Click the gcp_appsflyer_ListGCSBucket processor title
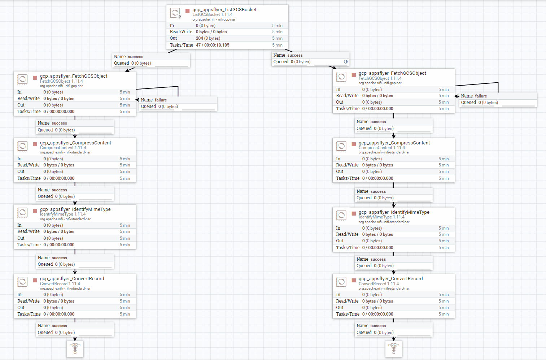tap(224, 9)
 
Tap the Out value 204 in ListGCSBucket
tap(200, 38)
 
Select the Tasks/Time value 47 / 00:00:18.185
tap(213, 45)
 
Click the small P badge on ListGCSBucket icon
tap(180, 17)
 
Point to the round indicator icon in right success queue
tap(346, 62)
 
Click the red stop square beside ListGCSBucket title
tap(187, 11)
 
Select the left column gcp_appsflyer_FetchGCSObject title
tap(74, 76)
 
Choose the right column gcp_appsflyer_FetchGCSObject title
tap(392, 73)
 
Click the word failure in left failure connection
tap(161, 100)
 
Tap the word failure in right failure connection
tap(481, 96)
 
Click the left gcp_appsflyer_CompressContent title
tap(75, 143)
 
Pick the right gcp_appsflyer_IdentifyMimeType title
tap(394, 212)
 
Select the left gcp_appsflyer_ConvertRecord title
tap(72, 278)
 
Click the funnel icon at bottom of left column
tap(75, 348)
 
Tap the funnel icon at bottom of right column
tap(394, 348)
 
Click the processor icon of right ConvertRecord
tap(341, 282)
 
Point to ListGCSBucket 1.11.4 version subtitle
tap(212, 15)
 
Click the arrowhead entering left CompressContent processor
tap(75, 136)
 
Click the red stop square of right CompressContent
tap(354, 144)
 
